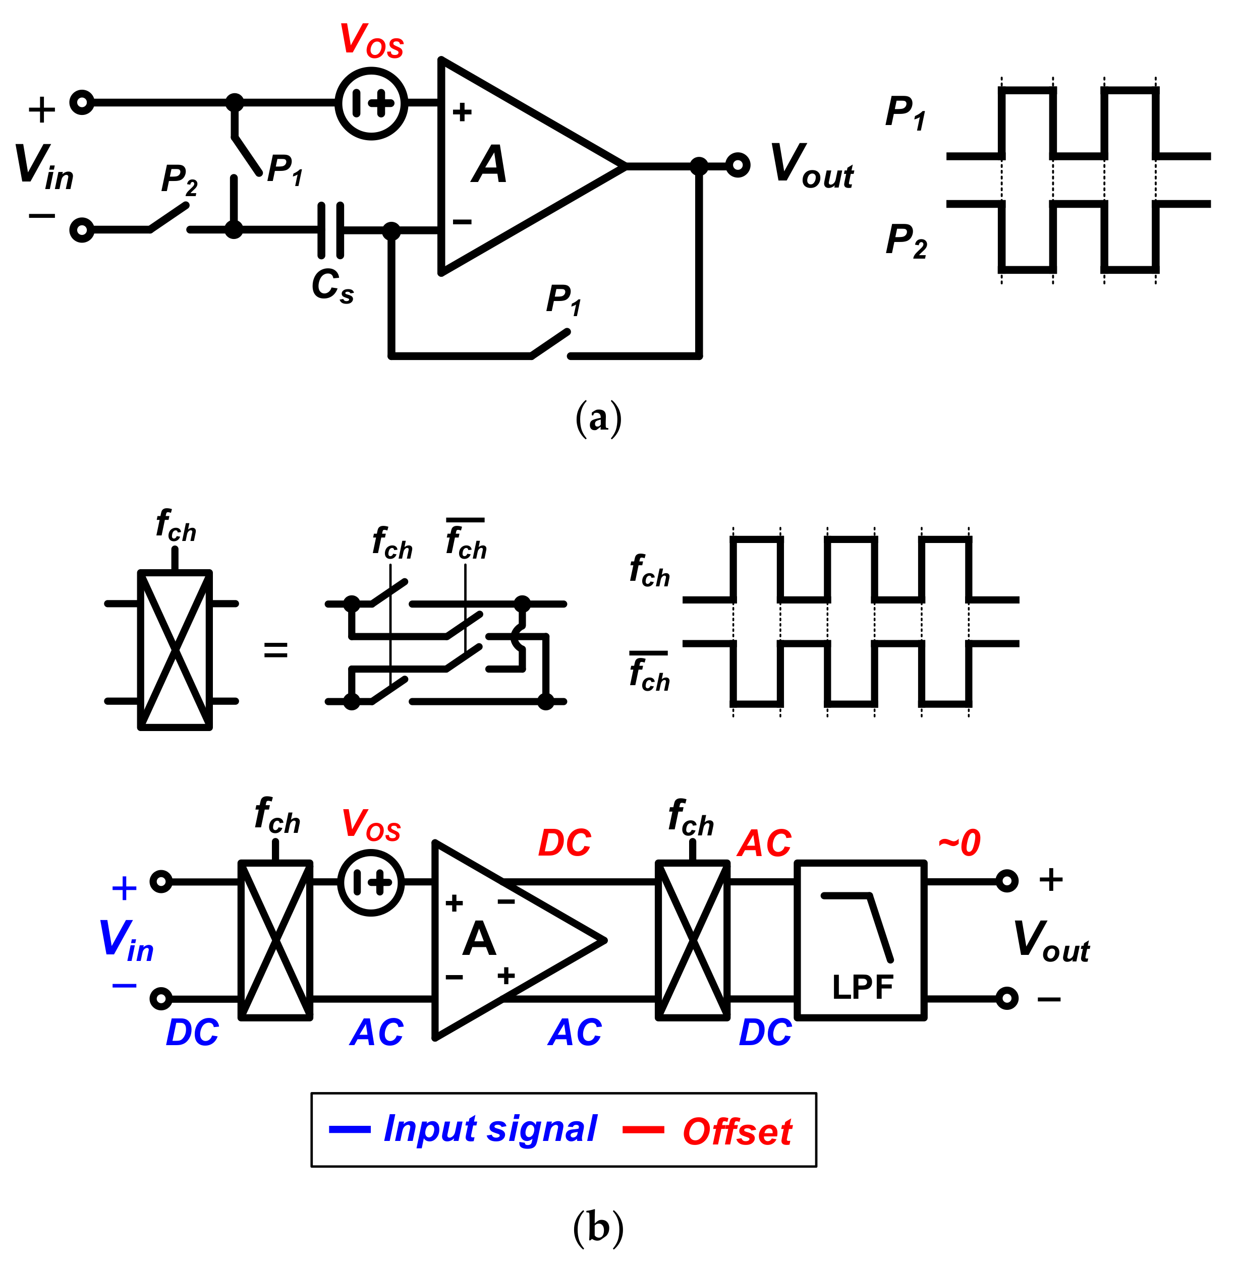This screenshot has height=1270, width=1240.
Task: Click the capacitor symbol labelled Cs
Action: coord(330,230)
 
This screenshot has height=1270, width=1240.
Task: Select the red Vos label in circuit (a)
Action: coord(371,40)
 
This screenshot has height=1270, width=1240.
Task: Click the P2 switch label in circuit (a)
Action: coord(179,179)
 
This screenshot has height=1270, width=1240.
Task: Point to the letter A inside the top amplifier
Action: coord(489,165)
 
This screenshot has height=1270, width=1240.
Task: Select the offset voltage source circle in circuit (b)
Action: coord(371,883)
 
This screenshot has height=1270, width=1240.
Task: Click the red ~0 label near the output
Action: coord(960,843)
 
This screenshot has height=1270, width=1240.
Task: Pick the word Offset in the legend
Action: coord(737,1131)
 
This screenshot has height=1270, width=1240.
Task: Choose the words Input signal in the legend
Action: coord(490,1128)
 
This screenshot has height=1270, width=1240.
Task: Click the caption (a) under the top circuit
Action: coord(598,418)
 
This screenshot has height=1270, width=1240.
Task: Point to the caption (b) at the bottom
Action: coord(598,1228)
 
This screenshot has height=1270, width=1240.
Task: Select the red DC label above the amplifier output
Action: coord(564,843)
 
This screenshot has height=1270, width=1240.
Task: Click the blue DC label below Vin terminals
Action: coord(192,1033)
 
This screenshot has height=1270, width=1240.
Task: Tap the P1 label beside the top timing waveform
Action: coord(905,112)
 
